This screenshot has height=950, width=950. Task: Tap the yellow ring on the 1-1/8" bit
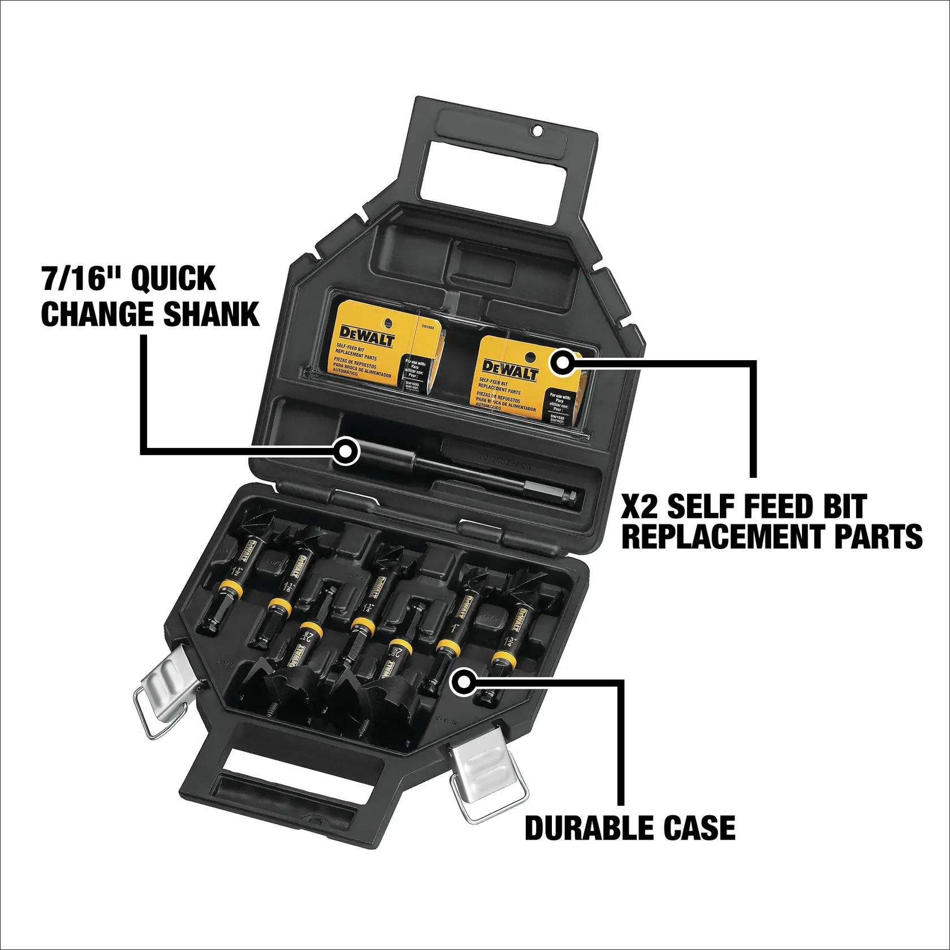pyautogui.click(x=280, y=607)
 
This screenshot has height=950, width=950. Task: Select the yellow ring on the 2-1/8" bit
pyautogui.click(x=311, y=628)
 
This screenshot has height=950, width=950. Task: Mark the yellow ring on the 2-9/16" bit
pyautogui.click(x=400, y=646)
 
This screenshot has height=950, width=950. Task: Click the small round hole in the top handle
pyautogui.click(x=538, y=131)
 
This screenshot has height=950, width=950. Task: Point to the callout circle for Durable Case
pyautogui.click(x=464, y=683)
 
